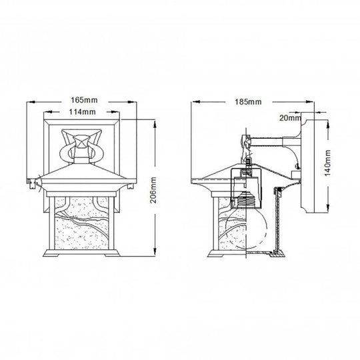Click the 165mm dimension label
click(84, 100)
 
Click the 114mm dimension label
click(83, 112)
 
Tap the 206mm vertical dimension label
click(153, 190)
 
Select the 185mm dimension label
click(248, 102)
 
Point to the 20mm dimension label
click(290, 118)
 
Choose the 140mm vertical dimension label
click(327, 163)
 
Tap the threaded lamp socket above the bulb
click(246, 200)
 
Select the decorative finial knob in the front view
click(81, 142)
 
